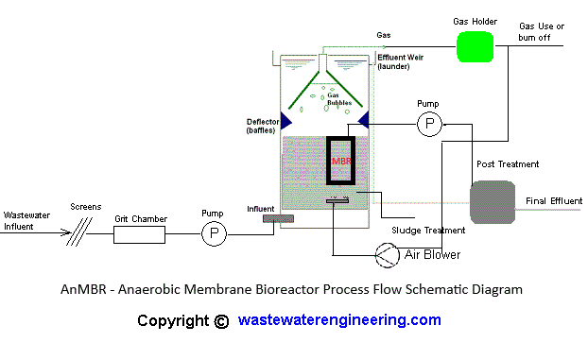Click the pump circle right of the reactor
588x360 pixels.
pyautogui.click(x=430, y=123)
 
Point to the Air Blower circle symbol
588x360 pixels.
pyautogui.click(x=387, y=253)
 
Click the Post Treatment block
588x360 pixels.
pyautogui.click(x=493, y=201)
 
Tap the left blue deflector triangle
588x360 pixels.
pyautogui.click(x=285, y=121)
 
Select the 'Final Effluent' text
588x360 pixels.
pyautogui.click(x=553, y=200)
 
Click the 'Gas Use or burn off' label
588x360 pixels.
pyautogui.click(x=543, y=31)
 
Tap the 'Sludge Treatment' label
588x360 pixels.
pyautogui.click(x=428, y=231)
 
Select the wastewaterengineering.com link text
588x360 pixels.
pyautogui.click(x=339, y=319)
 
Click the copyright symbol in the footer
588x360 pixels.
pyautogui.click(x=221, y=320)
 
